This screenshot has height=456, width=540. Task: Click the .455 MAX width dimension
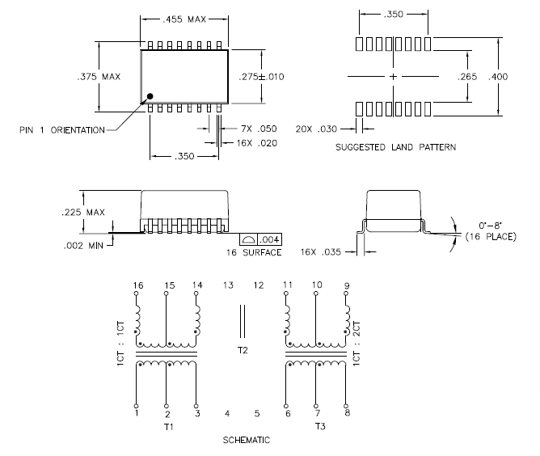184,19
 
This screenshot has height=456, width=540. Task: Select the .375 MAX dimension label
99,77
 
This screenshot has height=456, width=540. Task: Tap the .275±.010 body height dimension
261,77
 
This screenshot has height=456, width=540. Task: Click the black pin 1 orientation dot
150,96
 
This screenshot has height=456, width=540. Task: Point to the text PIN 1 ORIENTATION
62,130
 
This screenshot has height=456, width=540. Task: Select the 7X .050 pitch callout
259,129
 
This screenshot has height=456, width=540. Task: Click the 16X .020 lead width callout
257,143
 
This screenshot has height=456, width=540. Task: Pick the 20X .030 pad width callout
316,129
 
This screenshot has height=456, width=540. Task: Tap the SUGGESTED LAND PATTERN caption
395,147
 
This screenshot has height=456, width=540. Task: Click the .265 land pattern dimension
467,77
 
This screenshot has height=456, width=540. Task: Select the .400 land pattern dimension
498,77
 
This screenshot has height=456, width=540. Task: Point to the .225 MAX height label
83,212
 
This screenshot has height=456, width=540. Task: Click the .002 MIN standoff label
83,246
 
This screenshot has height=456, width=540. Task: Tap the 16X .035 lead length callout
321,252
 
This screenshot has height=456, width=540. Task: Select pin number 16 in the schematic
138,285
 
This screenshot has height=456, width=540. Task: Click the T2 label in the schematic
243,350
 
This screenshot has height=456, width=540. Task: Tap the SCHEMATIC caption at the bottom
247,440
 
